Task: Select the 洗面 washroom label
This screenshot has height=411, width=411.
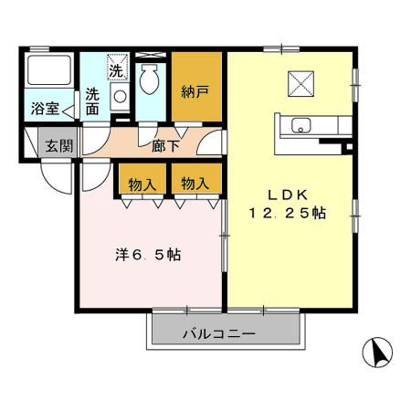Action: (93, 100)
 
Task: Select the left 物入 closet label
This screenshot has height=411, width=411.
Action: (142, 184)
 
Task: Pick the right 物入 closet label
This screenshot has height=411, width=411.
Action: (194, 184)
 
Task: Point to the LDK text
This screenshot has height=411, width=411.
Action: (290, 194)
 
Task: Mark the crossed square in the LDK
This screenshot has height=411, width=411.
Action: (302, 83)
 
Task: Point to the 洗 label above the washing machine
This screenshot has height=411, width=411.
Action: (117, 69)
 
